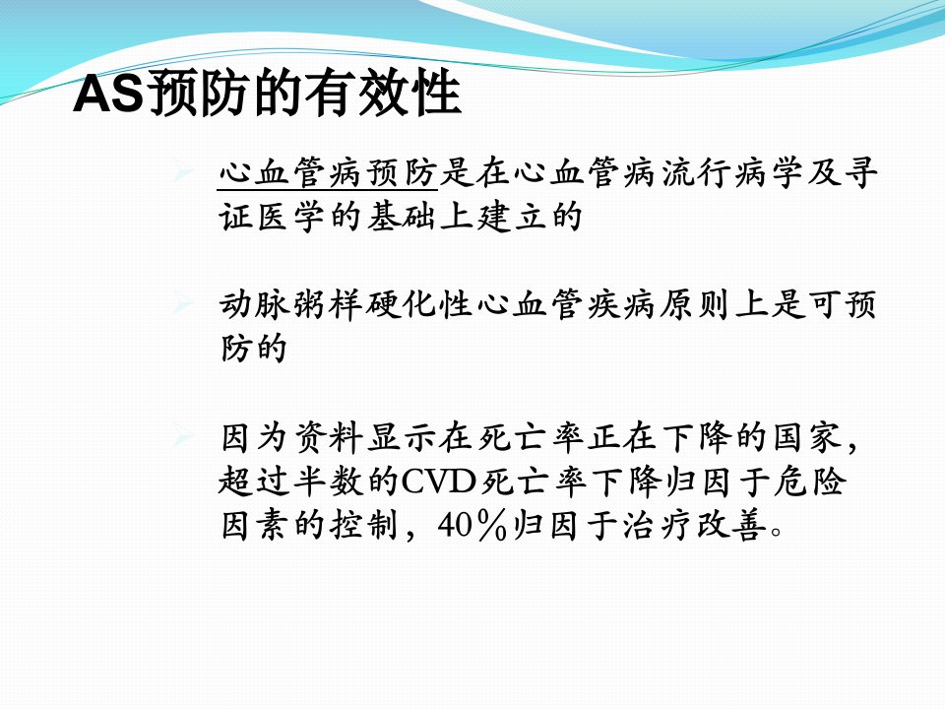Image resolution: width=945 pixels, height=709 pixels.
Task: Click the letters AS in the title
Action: point(109,94)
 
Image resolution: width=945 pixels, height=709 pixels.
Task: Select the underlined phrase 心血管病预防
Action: point(327,173)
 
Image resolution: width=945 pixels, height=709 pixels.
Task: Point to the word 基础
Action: point(401,217)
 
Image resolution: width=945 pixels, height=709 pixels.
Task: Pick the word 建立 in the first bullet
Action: point(511,217)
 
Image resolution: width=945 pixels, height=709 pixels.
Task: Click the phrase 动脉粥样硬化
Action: point(327,304)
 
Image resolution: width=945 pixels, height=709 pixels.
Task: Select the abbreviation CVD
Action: point(438,482)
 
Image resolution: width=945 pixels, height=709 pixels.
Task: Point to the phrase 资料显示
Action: point(364,437)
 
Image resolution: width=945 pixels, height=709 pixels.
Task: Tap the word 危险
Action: point(811,482)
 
